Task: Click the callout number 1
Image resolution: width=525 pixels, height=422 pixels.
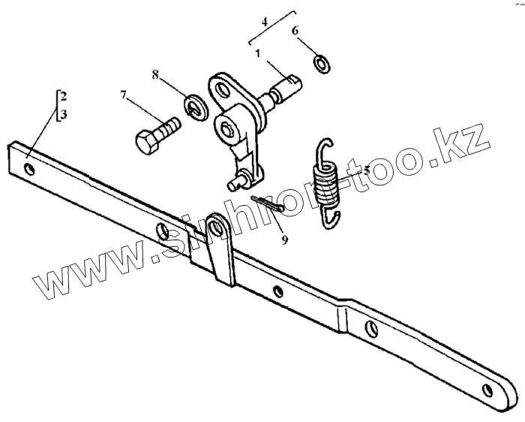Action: tap(256, 54)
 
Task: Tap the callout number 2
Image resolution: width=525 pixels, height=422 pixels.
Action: tap(64, 96)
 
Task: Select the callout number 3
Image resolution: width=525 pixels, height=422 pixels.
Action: tap(64, 115)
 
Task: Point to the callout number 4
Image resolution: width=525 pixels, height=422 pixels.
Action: tap(264, 23)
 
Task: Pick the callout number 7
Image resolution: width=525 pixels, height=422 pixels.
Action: tap(122, 95)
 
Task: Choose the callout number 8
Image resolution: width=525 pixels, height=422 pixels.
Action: tap(155, 74)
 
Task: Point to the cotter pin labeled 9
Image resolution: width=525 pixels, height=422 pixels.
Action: tap(265, 204)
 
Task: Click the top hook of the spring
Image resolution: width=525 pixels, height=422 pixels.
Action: tap(325, 150)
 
